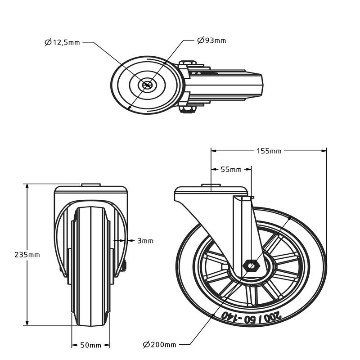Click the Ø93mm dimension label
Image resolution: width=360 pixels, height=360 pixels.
(x=211, y=40)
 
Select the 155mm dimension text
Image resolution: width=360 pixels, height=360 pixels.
(x=270, y=151)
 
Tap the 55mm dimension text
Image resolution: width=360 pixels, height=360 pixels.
(x=231, y=170)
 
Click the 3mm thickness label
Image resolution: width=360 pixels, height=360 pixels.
(x=145, y=241)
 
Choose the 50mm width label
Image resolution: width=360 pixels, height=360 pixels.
(x=91, y=345)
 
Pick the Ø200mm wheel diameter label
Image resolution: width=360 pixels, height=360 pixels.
(x=160, y=345)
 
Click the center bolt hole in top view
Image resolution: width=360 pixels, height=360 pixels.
(x=147, y=84)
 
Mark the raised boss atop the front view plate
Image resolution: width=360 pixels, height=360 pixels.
(x=90, y=184)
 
